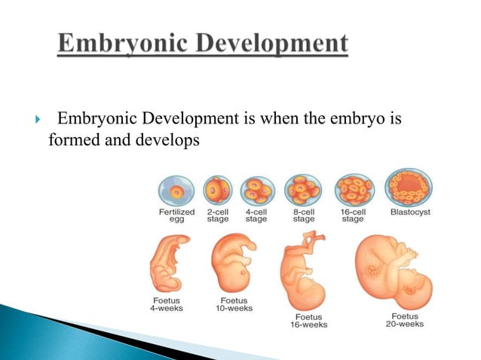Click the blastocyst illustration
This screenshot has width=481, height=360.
tap(409, 187)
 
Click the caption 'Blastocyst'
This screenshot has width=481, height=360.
tap(409, 212)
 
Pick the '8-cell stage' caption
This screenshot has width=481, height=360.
tap(304, 216)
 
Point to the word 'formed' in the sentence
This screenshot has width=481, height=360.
tap(69, 139)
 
